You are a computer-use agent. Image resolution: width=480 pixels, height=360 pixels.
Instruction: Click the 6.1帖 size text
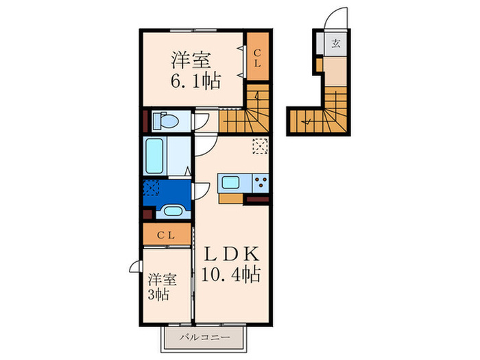[x=195, y=81]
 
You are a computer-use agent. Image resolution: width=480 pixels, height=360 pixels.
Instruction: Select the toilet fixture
[x=164, y=121]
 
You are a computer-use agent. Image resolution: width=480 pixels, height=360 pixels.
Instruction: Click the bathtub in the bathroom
[x=156, y=156]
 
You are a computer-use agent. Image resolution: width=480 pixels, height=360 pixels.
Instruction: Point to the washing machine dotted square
[x=152, y=189]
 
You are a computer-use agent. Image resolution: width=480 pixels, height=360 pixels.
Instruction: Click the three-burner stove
[x=260, y=183]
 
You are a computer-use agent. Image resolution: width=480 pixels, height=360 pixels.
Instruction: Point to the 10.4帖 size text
[x=230, y=275]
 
